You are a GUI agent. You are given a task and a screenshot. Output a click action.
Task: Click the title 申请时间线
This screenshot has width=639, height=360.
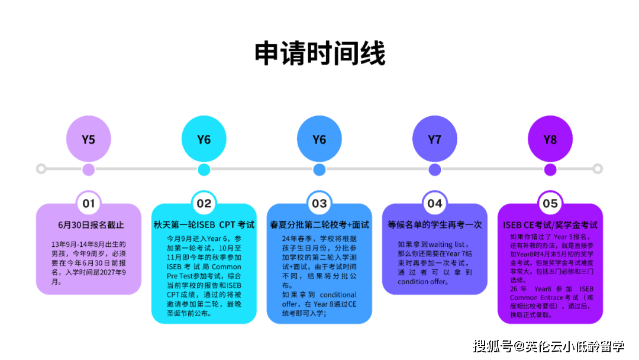(x=319, y=54)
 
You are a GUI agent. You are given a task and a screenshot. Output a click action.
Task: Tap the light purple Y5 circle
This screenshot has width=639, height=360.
(x=89, y=140)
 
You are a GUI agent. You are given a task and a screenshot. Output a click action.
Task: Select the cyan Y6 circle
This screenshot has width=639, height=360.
(x=204, y=140)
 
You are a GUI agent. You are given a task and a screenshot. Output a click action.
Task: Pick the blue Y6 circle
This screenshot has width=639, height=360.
(x=319, y=140)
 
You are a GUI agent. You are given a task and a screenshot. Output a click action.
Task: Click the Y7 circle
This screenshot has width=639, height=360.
(x=435, y=140)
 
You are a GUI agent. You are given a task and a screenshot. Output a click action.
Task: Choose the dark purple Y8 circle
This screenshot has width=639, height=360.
(x=550, y=140)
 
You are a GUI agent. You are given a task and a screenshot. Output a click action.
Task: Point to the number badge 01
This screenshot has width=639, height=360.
(x=89, y=204)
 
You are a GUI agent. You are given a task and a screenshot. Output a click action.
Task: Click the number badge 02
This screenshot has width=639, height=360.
(x=204, y=204)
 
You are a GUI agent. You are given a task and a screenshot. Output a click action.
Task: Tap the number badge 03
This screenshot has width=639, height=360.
(x=319, y=204)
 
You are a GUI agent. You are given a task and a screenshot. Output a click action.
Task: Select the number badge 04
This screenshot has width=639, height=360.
(x=435, y=204)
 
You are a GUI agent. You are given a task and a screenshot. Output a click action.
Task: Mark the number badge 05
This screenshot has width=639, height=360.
(x=550, y=204)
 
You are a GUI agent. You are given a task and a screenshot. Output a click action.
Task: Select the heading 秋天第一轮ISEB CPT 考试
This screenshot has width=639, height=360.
(x=204, y=225)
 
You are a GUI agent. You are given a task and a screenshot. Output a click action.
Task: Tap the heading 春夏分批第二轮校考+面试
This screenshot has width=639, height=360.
(x=319, y=225)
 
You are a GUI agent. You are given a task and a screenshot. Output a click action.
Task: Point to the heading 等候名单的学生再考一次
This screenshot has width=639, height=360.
(x=435, y=225)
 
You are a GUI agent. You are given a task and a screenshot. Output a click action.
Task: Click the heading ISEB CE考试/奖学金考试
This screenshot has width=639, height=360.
(x=550, y=225)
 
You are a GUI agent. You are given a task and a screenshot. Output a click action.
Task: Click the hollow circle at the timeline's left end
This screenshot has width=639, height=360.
(x=41, y=169)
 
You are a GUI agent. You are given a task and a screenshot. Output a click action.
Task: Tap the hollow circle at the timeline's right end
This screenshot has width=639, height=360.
(x=598, y=169)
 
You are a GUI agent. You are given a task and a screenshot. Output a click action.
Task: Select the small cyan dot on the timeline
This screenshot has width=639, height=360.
(x=204, y=170)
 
